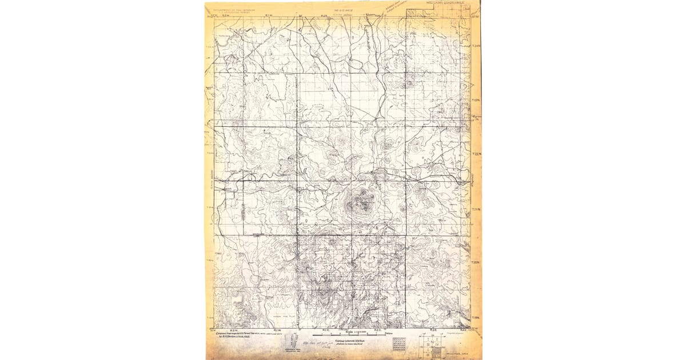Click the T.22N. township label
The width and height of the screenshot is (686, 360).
point(477,154)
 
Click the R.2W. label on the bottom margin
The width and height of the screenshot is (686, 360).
point(233,330)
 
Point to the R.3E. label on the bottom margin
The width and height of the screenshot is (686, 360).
point(433,330)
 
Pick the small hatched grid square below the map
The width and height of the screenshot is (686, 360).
point(398,343)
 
